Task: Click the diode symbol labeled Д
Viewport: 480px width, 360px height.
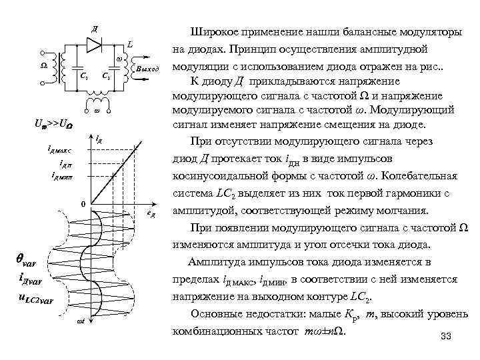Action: pos(94,43)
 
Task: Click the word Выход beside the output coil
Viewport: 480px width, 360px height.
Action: pos(147,69)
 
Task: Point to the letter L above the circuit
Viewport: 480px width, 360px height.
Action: pos(130,43)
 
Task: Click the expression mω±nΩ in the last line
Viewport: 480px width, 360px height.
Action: pos(324,331)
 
